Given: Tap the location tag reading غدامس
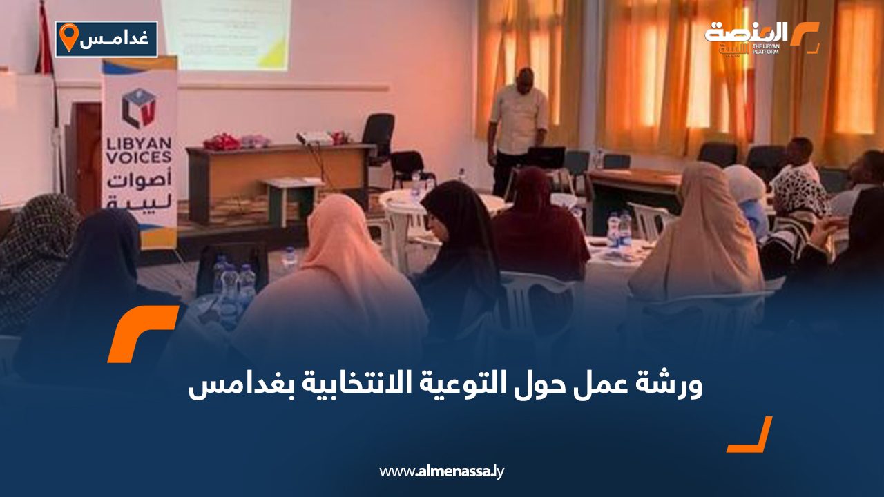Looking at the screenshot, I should pyautogui.click(x=106, y=39).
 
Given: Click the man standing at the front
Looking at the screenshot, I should pyautogui.click(x=517, y=128).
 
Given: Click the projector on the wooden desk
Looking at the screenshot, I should pyautogui.click(x=314, y=138).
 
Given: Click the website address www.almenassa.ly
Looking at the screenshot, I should pyautogui.click(x=442, y=471).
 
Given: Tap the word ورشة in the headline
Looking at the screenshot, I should pyautogui.click(x=673, y=385).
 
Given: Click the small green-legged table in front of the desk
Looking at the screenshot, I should pyautogui.click(x=290, y=197).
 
